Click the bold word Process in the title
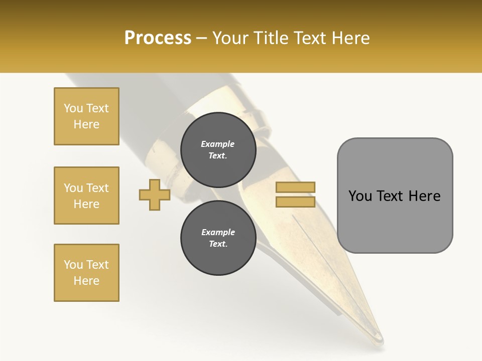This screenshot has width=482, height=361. [158, 38]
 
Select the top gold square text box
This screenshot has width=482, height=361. [86, 116]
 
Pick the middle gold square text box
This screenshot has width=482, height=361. [86, 196]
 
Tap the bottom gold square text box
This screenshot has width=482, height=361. [86, 273]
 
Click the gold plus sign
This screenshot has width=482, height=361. [155, 195]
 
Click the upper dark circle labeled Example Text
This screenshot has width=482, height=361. [218, 150]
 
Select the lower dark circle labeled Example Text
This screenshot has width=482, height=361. [218, 238]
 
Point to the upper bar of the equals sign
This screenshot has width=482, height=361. [295, 188]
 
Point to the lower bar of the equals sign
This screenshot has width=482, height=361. [295, 202]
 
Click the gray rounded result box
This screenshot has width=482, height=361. [395, 196]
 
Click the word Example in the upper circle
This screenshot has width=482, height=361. [218, 144]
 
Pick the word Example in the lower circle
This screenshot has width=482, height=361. [218, 232]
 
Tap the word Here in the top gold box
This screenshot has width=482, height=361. [86, 124]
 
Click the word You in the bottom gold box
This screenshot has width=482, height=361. [73, 265]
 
